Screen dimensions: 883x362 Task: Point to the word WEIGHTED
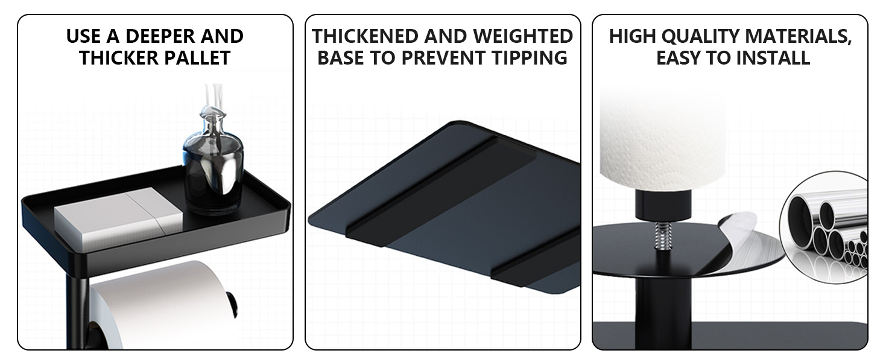pos(523,36)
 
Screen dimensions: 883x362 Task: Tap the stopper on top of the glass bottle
pos(213,115)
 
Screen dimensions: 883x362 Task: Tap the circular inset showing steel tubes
pos(824,227)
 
